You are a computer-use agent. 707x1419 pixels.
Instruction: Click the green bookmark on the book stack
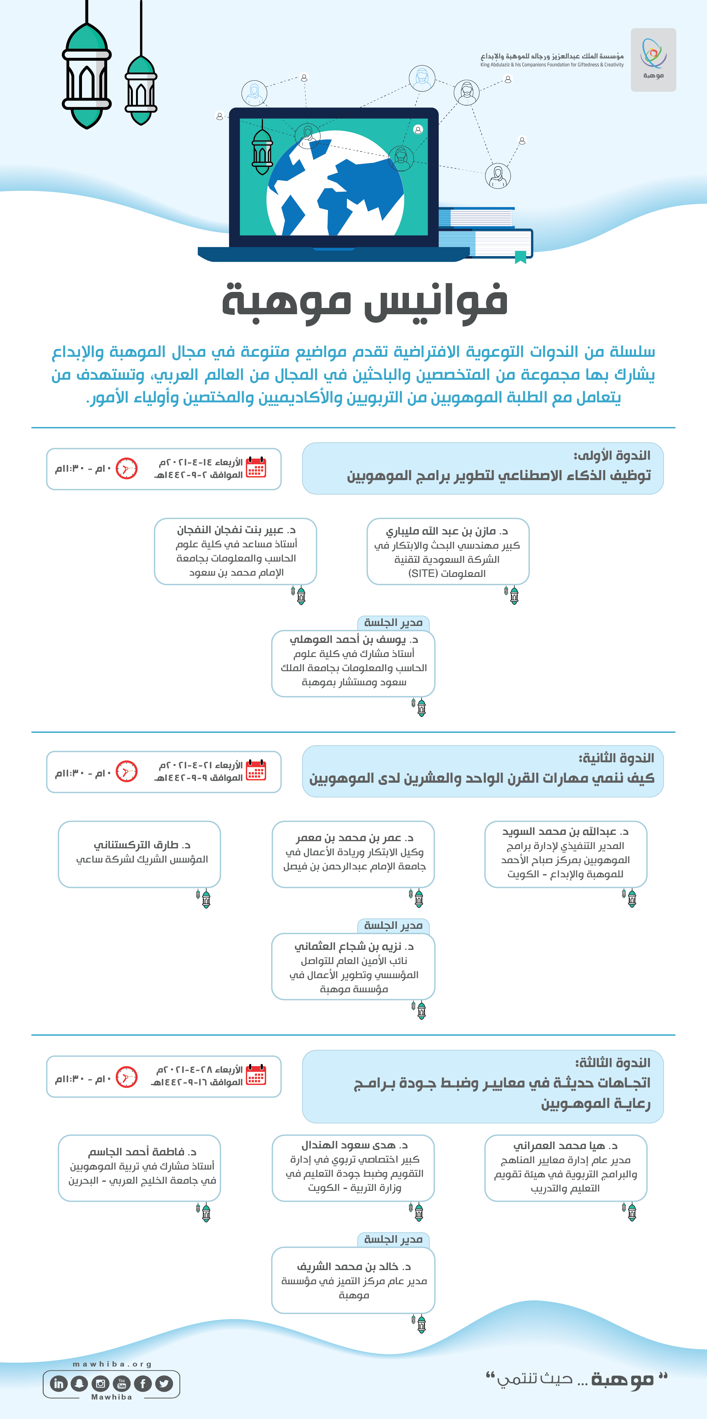coord(520,257)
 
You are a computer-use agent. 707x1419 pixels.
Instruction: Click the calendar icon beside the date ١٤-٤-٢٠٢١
coord(256,467)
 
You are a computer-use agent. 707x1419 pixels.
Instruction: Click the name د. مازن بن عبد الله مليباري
coord(447,531)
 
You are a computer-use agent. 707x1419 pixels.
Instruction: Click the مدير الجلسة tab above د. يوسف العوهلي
coord(393,622)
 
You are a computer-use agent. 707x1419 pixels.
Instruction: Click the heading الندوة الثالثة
coord(612,1063)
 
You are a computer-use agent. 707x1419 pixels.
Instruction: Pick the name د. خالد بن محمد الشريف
coord(354,1266)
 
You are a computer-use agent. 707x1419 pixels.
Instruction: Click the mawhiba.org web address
coord(112,1364)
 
